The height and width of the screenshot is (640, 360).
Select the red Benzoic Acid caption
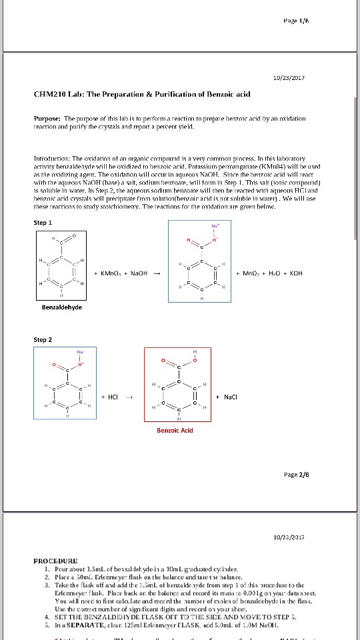click(175, 430)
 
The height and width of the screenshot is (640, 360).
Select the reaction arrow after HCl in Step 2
click(130, 396)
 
